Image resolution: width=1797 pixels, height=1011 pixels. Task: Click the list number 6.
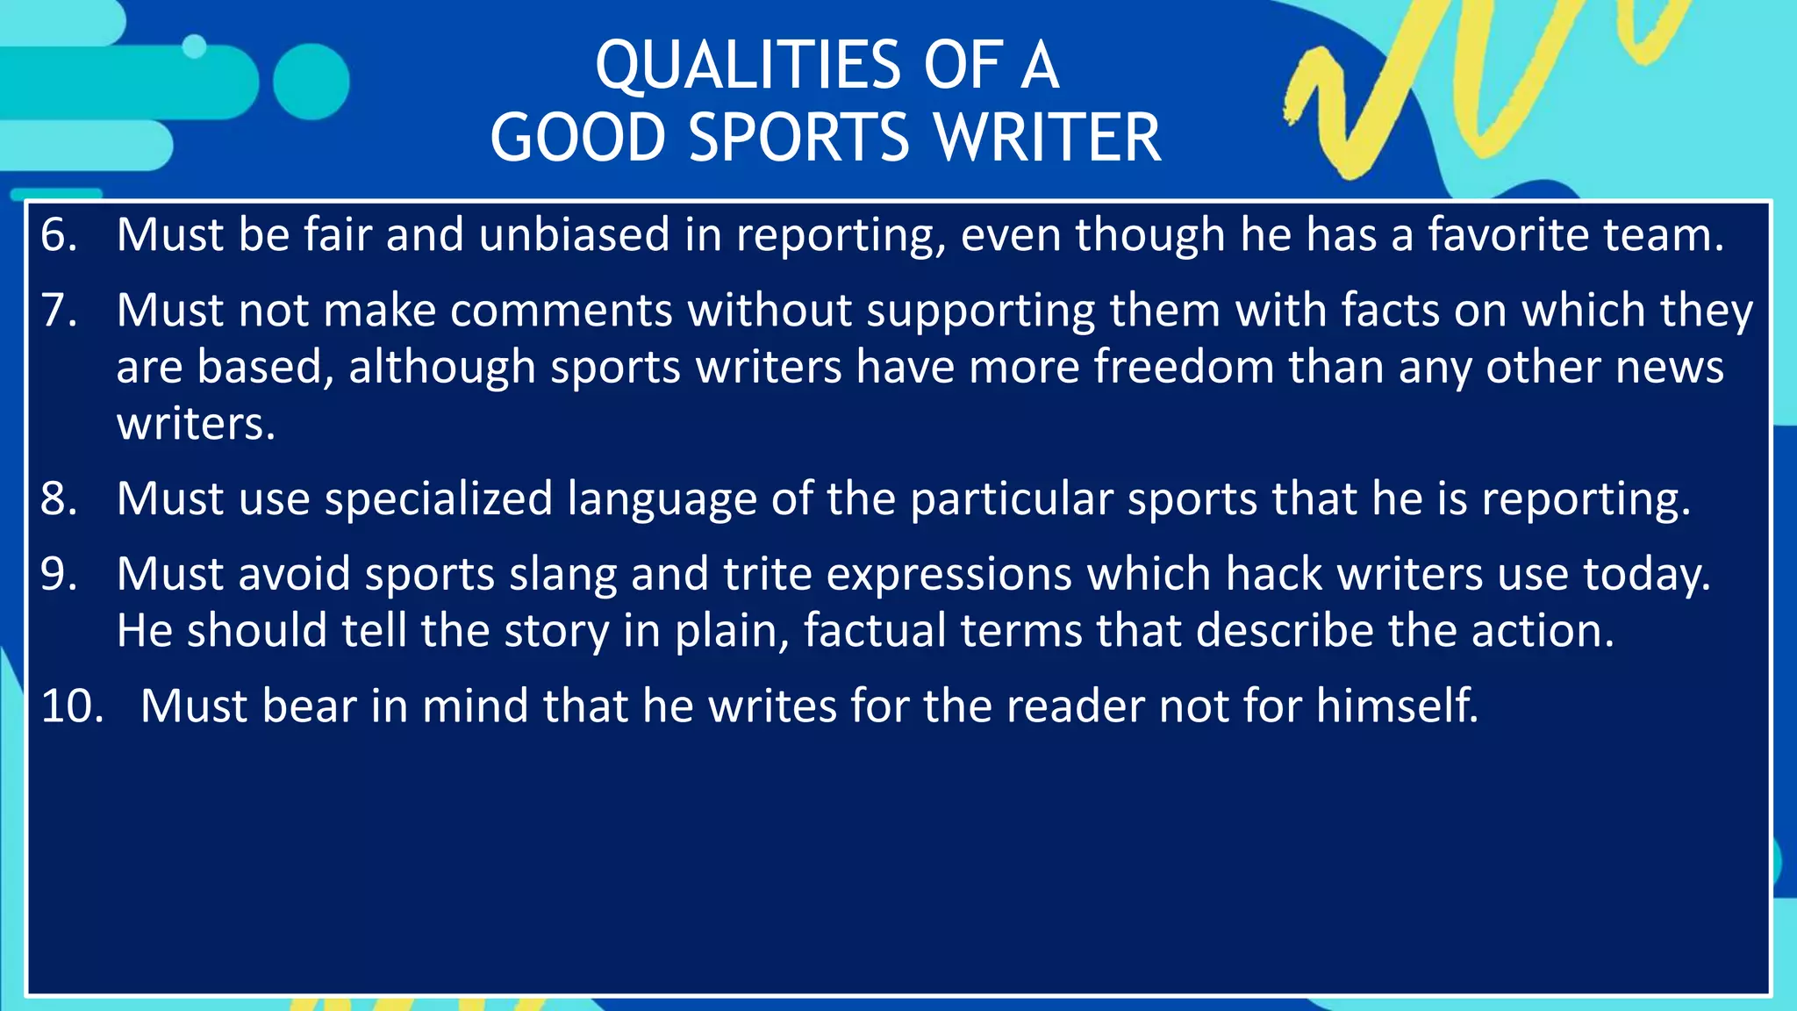pyautogui.click(x=58, y=235)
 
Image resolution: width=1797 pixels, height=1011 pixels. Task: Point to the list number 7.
pyautogui.click(x=58, y=311)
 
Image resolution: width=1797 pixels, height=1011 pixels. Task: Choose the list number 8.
pyautogui.click(x=58, y=498)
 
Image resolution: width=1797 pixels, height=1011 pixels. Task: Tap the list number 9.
pyautogui.click(x=58, y=574)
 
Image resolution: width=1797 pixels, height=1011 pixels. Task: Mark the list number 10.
pyautogui.click(x=72, y=706)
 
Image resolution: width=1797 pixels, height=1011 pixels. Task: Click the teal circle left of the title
pyautogui.click(x=311, y=82)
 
